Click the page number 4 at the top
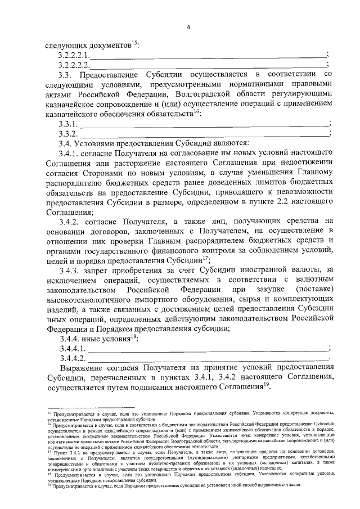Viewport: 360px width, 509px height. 189,27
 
